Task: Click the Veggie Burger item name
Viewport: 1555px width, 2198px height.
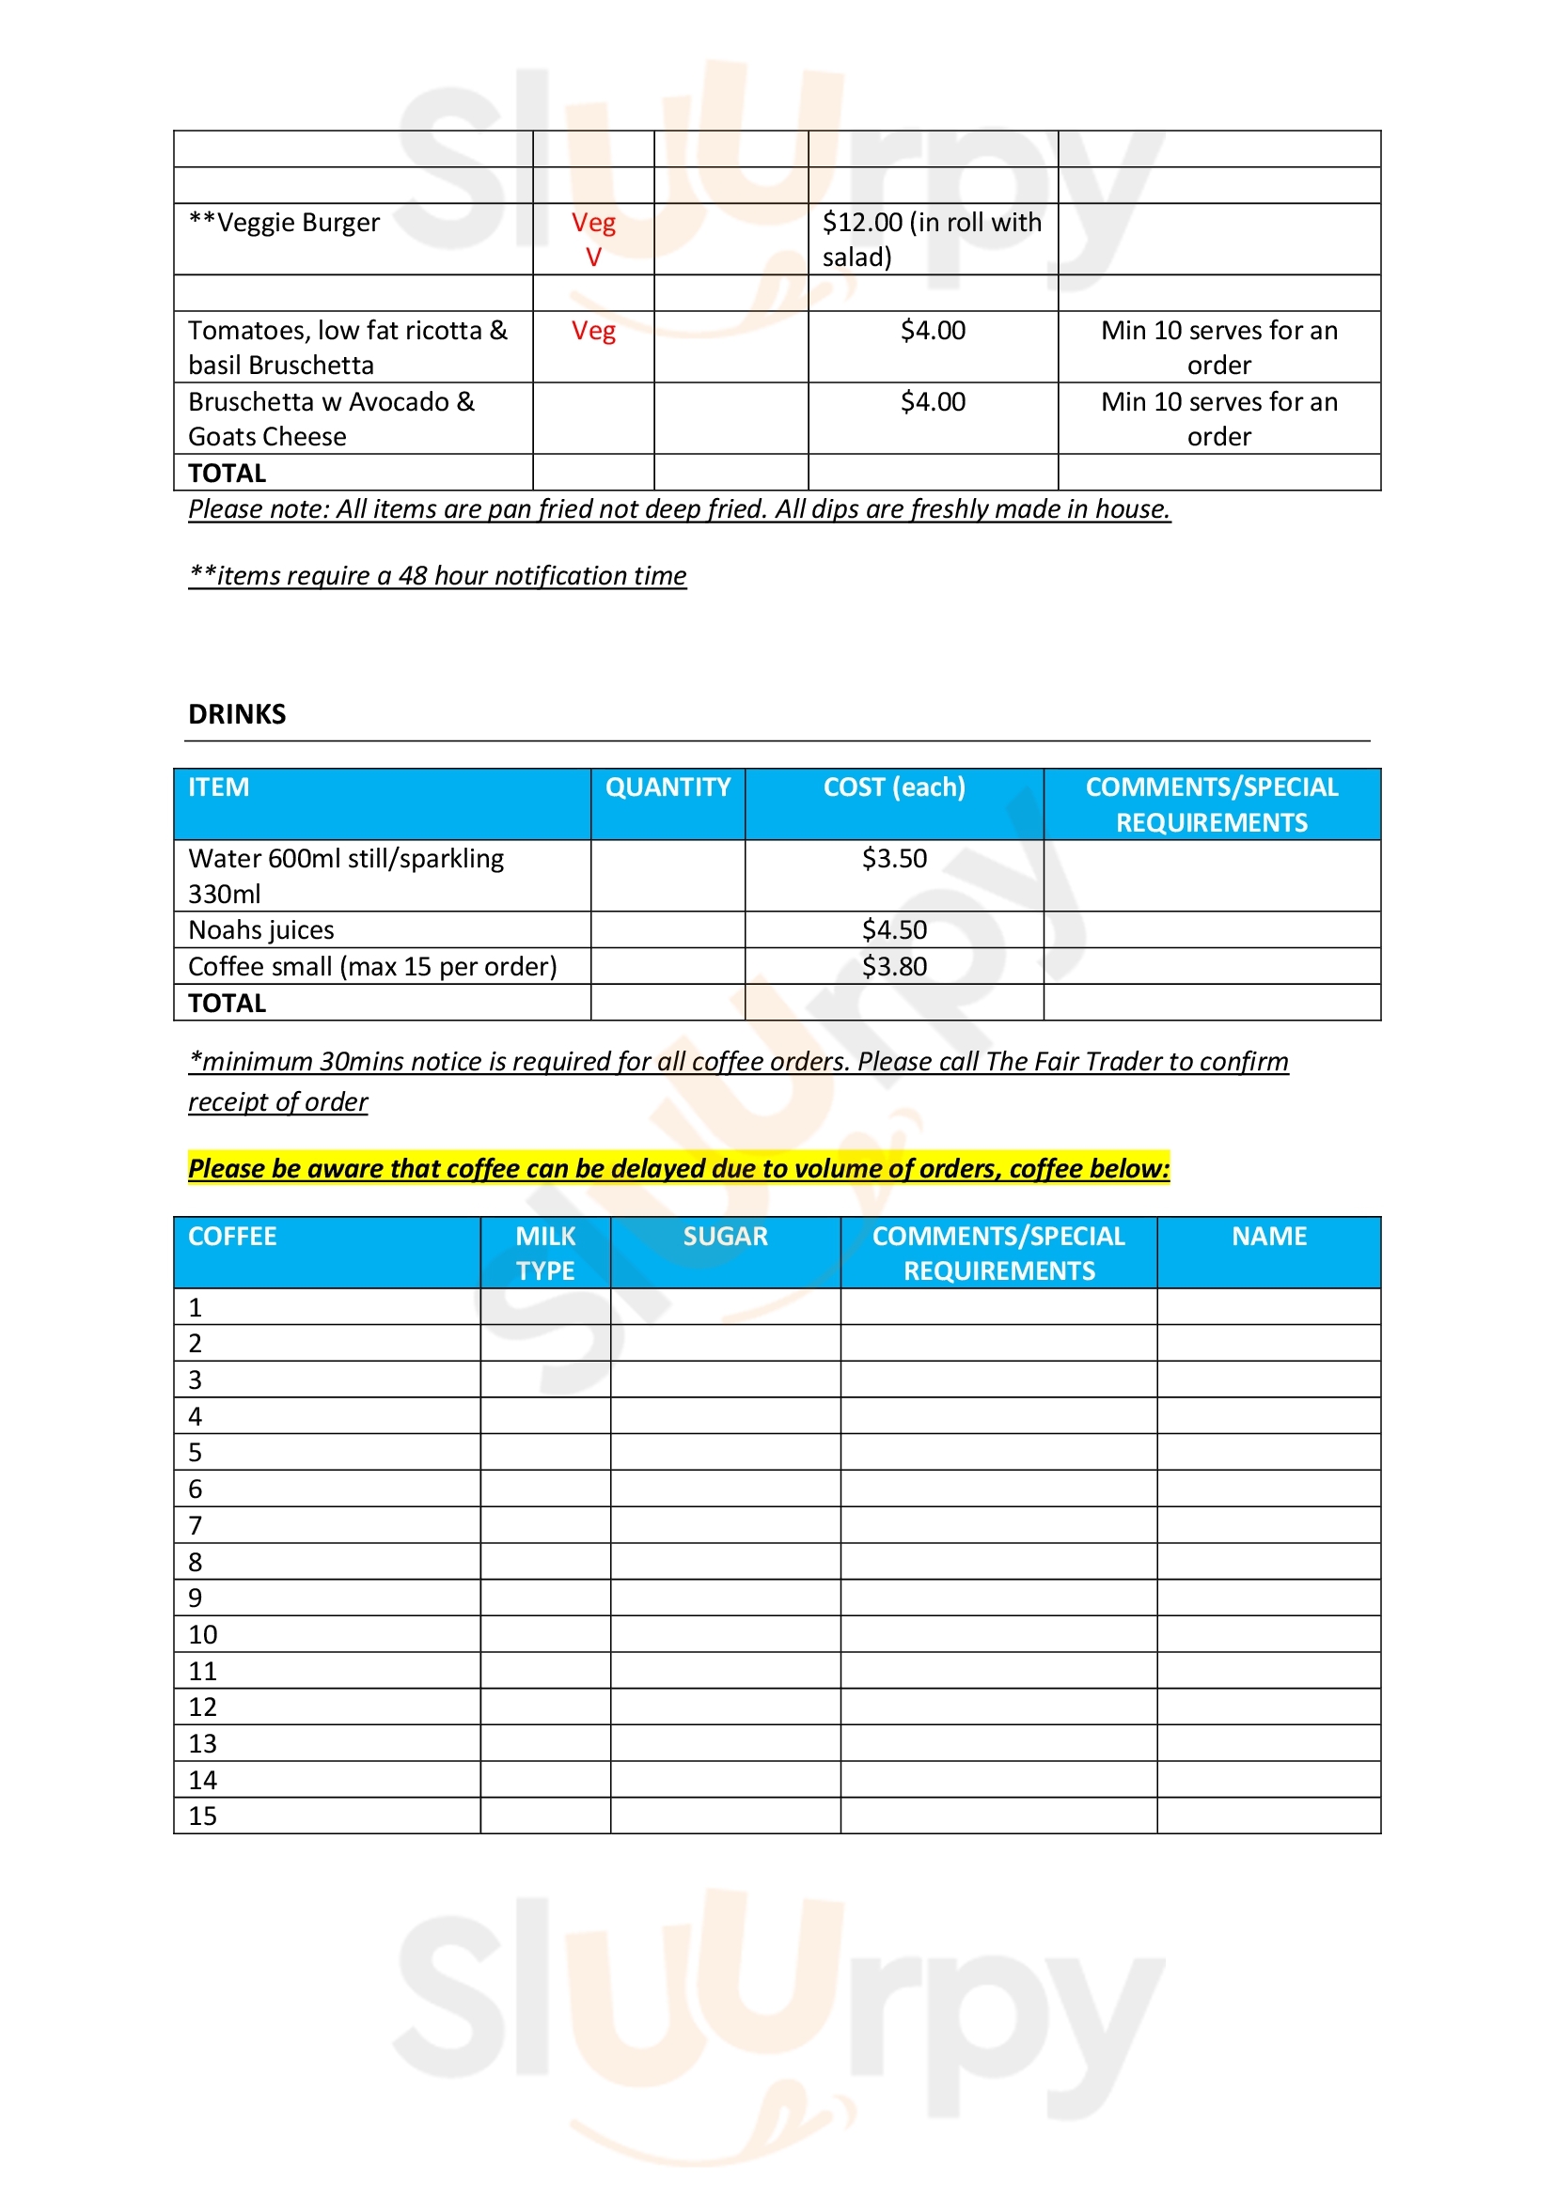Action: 283,223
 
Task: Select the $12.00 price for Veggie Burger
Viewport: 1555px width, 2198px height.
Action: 931,240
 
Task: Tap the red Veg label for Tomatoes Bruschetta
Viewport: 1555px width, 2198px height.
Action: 592,331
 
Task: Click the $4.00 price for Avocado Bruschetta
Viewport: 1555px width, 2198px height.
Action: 932,402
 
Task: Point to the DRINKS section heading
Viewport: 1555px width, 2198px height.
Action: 237,714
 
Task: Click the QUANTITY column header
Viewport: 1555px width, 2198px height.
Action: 668,787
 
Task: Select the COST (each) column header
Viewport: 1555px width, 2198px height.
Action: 893,787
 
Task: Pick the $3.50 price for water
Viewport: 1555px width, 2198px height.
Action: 893,858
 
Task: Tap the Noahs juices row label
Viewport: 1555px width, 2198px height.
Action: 260,929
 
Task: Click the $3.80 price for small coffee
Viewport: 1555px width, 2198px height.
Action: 893,966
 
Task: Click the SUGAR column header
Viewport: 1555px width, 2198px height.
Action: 725,1236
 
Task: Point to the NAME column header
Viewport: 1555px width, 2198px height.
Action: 1267,1236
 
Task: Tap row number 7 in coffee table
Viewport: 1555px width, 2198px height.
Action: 196,1525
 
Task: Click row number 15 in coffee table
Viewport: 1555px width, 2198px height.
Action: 202,1816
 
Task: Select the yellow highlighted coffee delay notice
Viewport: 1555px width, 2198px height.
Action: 678,1168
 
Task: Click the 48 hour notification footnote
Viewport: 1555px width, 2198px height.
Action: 436,575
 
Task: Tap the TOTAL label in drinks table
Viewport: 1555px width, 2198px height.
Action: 227,1003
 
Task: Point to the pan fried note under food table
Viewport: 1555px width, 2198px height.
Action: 678,509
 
